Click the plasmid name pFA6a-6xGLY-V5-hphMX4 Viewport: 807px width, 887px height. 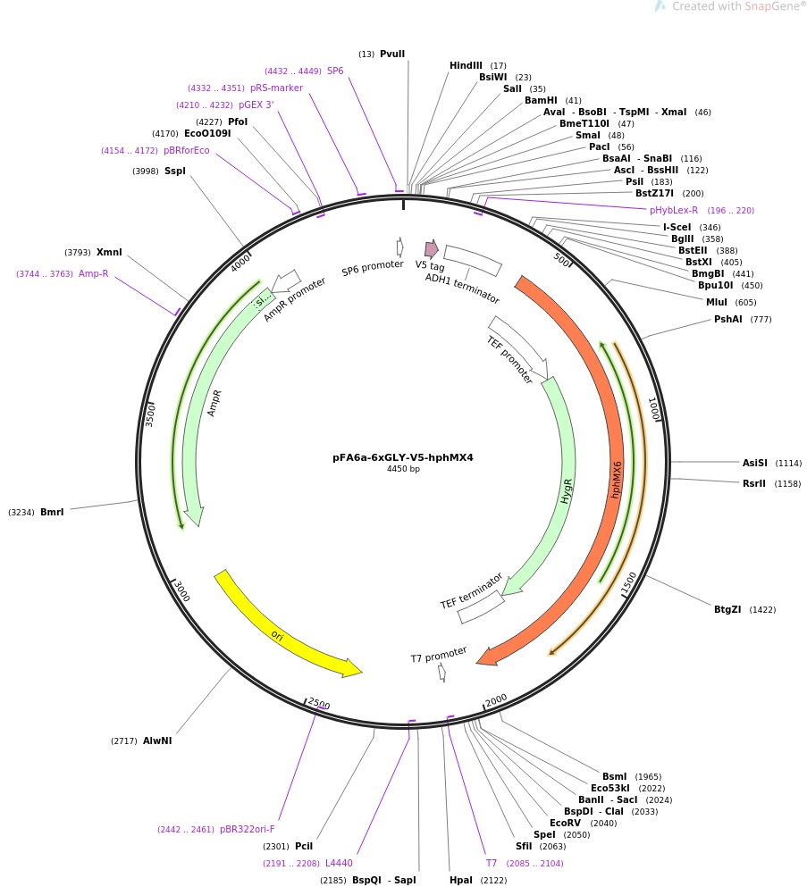tap(403, 457)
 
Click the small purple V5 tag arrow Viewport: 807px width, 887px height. tap(432, 249)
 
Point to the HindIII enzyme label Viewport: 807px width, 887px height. tap(466, 65)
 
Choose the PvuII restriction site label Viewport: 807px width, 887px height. tap(392, 54)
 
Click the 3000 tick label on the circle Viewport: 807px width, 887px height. tap(181, 590)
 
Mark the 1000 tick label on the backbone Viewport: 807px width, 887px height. tap(653, 408)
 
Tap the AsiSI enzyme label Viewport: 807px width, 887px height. tap(755, 463)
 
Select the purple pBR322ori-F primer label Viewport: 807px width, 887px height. tap(248, 829)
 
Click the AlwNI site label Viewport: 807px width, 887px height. tap(157, 741)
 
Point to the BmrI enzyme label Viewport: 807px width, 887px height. tap(52, 512)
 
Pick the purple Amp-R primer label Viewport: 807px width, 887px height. tap(93, 274)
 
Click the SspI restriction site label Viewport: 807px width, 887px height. tap(175, 171)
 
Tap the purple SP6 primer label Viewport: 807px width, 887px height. tap(335, 71)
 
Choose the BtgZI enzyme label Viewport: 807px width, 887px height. tap(727, 609)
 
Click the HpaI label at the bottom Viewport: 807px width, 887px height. tap(460, 880)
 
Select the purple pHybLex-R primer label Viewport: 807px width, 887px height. tap(674, 210)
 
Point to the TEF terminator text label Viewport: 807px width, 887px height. tap(471, 591)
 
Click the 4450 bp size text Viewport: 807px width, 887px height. tap(403, 469)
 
